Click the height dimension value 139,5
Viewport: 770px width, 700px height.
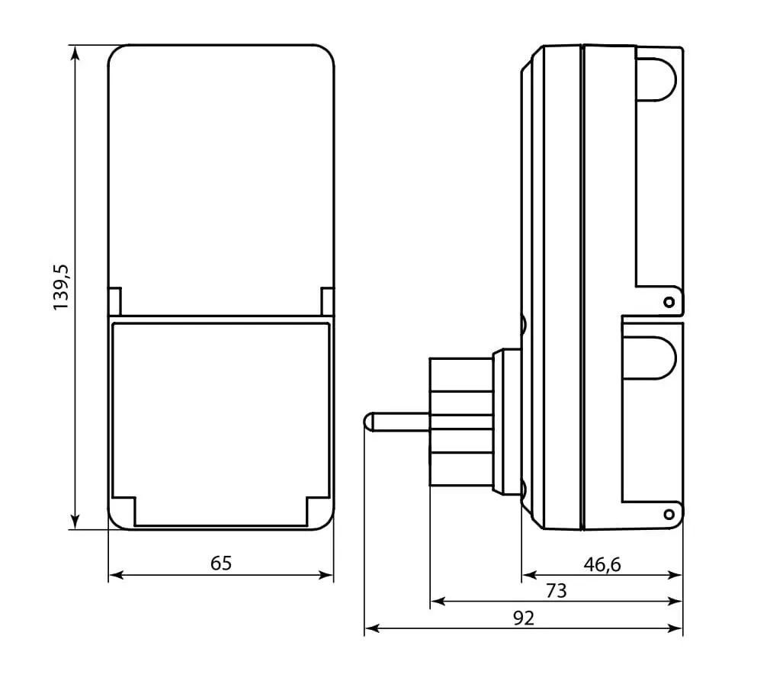coord(61,287)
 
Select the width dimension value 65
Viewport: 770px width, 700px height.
coord(220,564)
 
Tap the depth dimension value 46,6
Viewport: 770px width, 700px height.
coord(602,564)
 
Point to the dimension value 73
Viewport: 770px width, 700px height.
coord(556,591)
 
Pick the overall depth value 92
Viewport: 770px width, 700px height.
coord(523,618)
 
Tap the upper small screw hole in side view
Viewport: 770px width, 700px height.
coord(669,303)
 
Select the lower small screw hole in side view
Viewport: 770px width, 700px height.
coord(669,515)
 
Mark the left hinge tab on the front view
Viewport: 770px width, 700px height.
coord(114,301)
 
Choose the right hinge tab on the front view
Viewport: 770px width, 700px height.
coord(326,301)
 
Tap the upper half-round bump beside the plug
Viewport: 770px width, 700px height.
coord(524,324)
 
